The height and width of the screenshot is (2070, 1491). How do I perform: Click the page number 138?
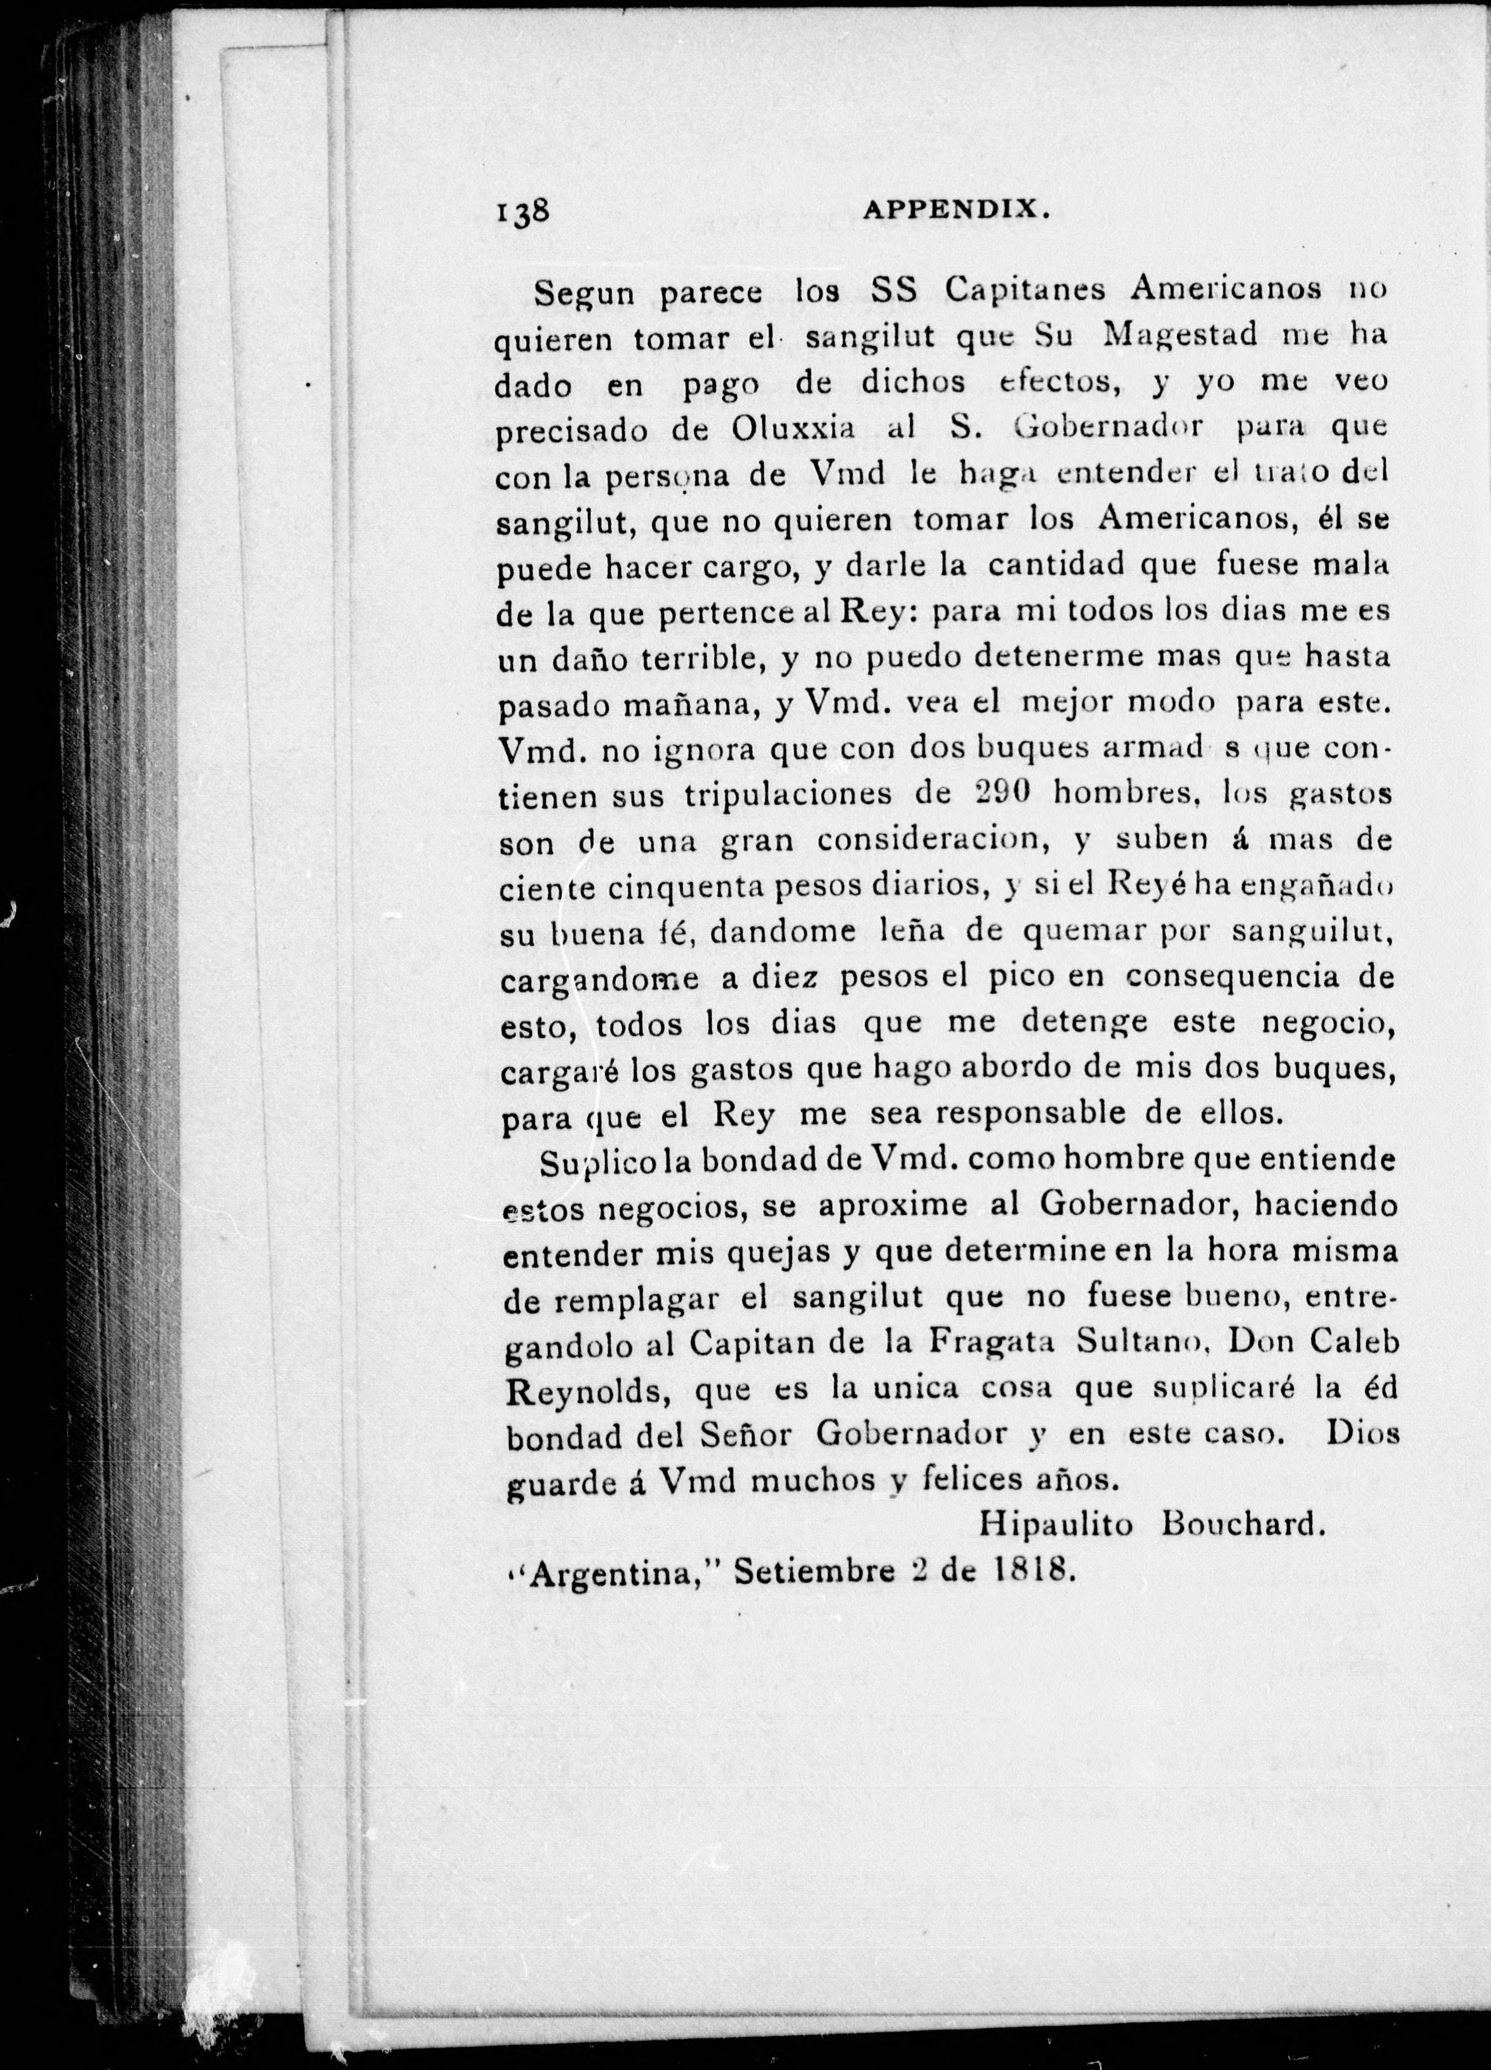522,212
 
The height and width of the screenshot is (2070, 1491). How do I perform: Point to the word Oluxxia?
794,428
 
